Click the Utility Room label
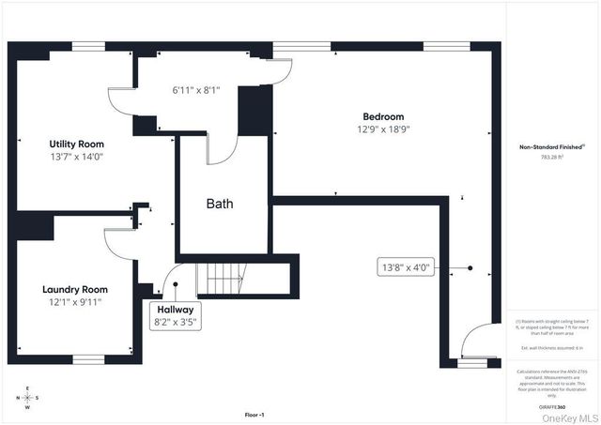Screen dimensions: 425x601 (x=76, y=144)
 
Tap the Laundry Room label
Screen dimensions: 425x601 (x=74, y=290)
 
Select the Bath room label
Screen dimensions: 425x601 (x=220, y=203)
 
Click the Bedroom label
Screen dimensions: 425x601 (x=383, y=116)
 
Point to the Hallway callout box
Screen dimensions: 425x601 (x=175, y=314)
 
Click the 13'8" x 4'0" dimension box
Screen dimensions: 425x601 (x=405, y=267)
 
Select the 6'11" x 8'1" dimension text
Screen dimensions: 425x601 (x=195, y=91)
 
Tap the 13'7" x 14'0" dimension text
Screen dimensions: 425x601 (x=76, y=157)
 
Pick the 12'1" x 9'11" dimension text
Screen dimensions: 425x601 (x=74, y=302)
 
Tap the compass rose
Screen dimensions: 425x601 (x=27, y=397)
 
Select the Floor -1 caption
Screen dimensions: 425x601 (x=254, y=414)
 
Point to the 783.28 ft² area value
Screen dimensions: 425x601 (x=552, y=158)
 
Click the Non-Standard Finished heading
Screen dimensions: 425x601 (x=552, y=146)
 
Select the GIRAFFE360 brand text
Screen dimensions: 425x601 (x=552, y=407)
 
